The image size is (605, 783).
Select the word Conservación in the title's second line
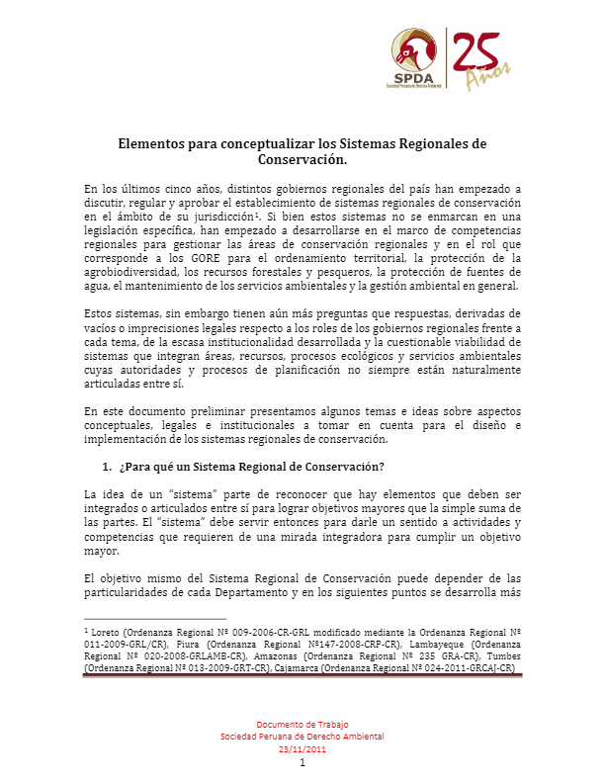302,158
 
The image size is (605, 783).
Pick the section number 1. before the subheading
107,466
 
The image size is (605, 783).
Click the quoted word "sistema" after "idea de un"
181,493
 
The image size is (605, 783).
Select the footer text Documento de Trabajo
302,725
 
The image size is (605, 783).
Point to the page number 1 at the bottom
302,762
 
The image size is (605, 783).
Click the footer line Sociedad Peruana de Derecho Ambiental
302,737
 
